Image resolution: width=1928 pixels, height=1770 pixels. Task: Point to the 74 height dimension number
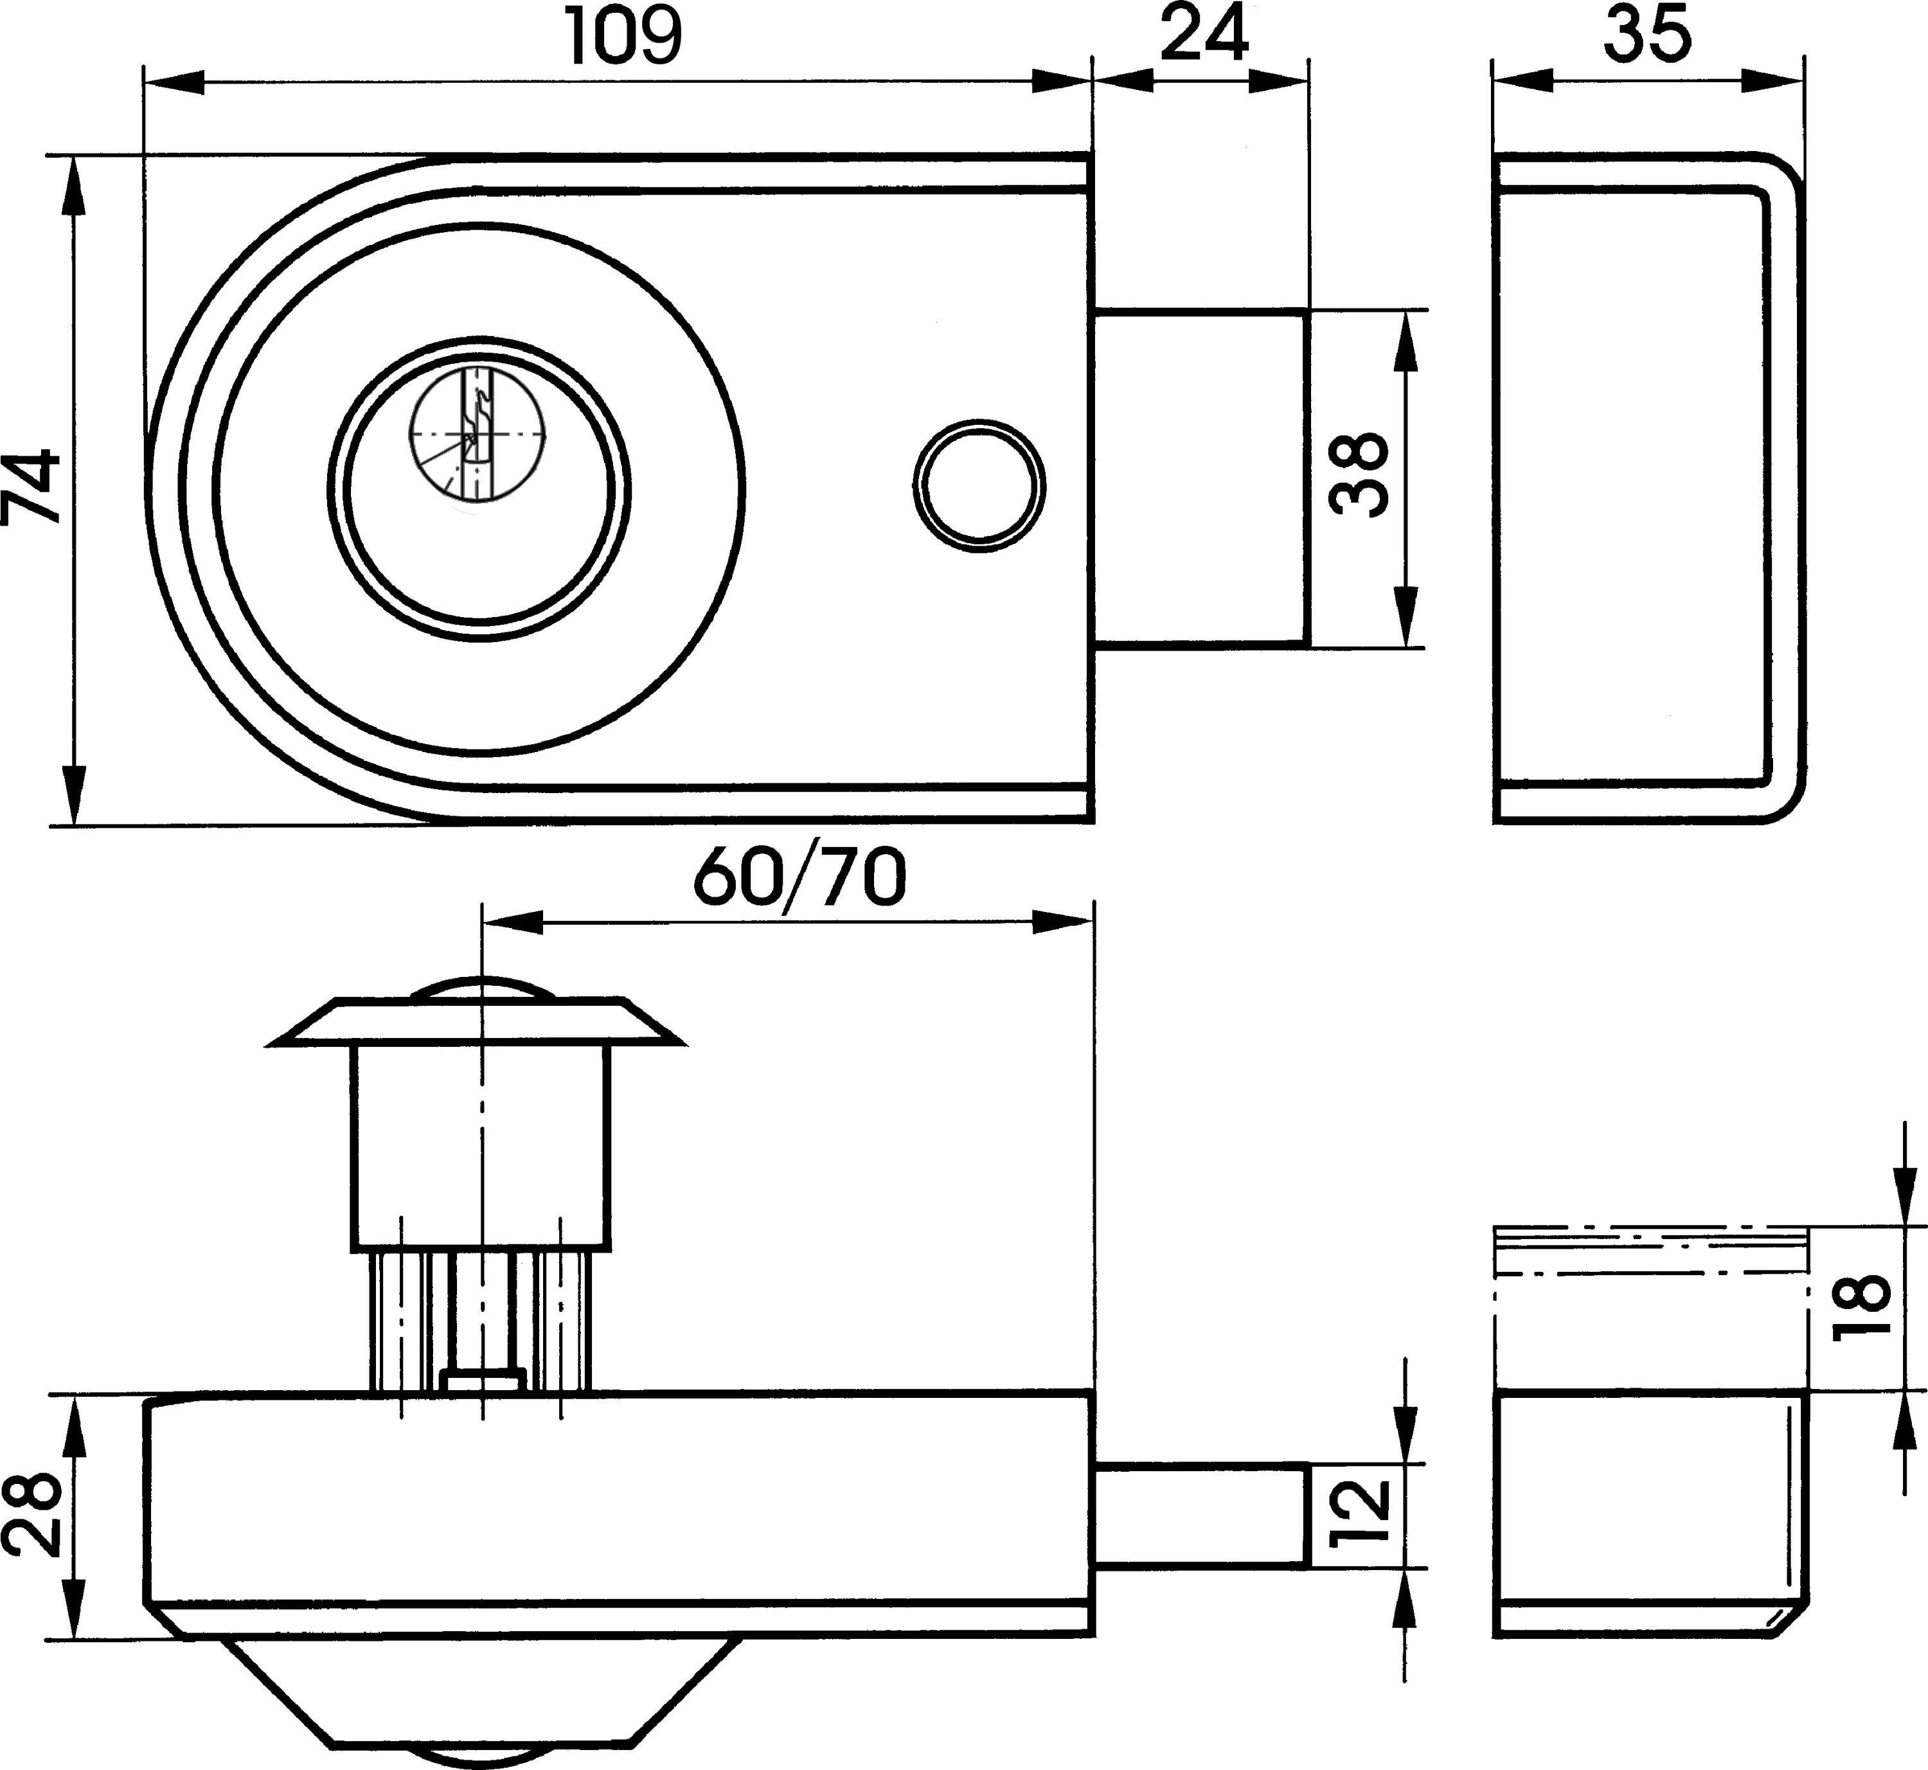pyautogui.click(x=31, y=488)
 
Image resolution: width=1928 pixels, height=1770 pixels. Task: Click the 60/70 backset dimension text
pyautogui.click(x=799, y=879)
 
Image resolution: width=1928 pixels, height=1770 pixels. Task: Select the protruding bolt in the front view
pyautogui.click(x=1200, y=476)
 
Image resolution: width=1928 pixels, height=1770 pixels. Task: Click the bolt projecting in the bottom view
pyautogui.click(x=1200, y=1515)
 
